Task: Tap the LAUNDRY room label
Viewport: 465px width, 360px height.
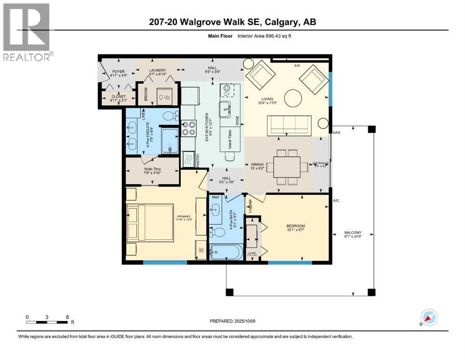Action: click(x=157, y=71)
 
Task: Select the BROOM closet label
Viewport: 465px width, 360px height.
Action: click(x=145, y=96)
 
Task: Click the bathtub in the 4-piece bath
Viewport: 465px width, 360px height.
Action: click(x=226, y=253)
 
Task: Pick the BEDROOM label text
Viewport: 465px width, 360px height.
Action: click(x=295, y=226)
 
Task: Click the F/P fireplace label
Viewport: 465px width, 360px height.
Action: click(x=296, y=66)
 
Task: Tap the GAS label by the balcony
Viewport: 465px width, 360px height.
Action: click(x=336, y=133)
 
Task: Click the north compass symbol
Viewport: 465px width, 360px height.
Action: click(x=429, y=317)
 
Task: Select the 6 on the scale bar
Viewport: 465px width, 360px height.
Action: click(x=68, y=317)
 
